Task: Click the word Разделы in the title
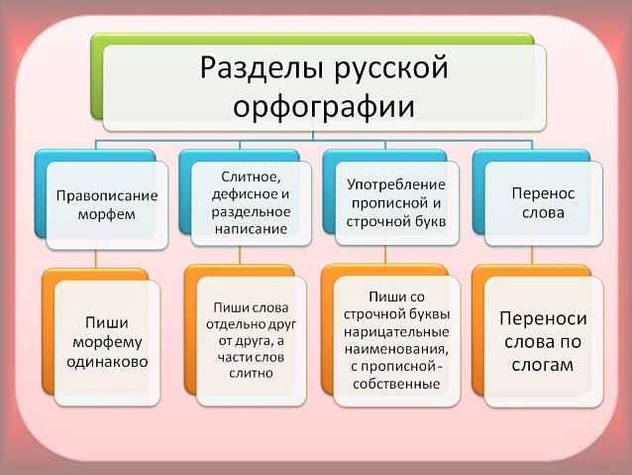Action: pos(262,67)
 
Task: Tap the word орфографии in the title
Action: pos(324,107)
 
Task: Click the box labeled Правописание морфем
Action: pos(107,206)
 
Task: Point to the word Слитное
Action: pos(251,177)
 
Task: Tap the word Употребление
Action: pos(396,185)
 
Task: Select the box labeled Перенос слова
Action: pos(543,204)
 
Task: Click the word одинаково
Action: pos(107,362)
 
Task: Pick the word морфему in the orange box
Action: pos(107,343)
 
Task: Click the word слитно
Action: pos(251,373)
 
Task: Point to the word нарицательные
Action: pos(396,332)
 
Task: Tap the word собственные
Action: pos(396,384)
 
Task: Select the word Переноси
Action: pos(543,318)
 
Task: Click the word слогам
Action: pos(543,365)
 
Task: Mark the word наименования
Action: pos(396,349)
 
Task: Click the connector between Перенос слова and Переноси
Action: pos(532,256)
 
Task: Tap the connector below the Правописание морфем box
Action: pos(96,259)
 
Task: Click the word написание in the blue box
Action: pos(251,229)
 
